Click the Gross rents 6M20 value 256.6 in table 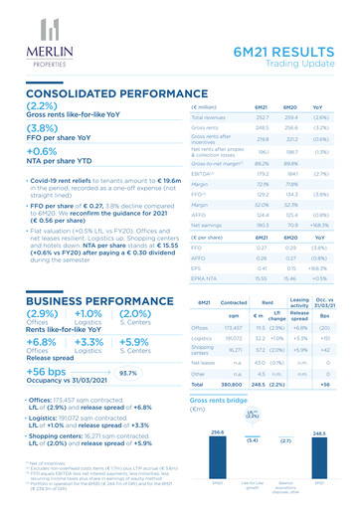277,128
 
